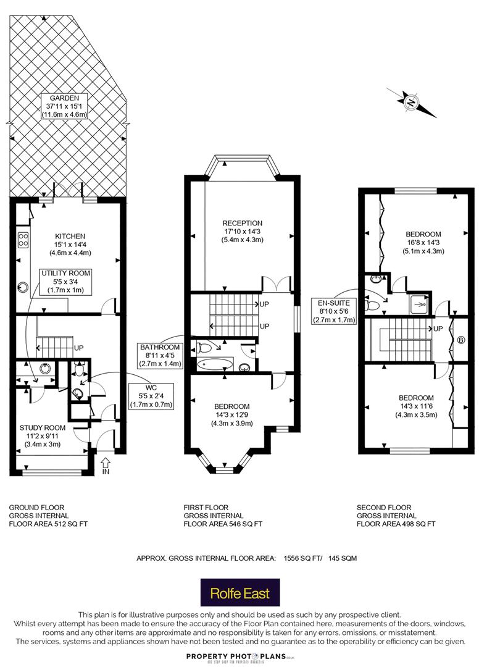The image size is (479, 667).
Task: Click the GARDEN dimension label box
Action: [64, 106]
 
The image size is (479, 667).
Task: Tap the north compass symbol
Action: [411, 102]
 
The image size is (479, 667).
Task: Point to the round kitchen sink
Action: [22, 288]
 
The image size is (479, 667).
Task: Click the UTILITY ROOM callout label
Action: [65, 282]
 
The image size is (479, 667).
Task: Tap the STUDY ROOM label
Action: [43, 436]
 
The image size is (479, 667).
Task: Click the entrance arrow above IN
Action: [106, 462]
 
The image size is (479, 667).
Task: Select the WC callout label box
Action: [151, 396]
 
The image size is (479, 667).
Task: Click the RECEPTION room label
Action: [242, 232]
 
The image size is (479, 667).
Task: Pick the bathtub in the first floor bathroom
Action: [215, 364]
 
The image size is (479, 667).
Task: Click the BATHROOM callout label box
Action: [160, 356]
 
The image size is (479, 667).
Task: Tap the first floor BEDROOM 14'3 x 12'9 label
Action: [231, 415]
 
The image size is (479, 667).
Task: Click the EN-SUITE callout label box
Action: [334, 311]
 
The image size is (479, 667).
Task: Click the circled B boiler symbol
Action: [461, 340]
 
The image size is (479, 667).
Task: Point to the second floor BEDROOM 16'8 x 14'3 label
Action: [423, 243]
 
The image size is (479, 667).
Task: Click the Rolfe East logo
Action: [240, 592]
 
